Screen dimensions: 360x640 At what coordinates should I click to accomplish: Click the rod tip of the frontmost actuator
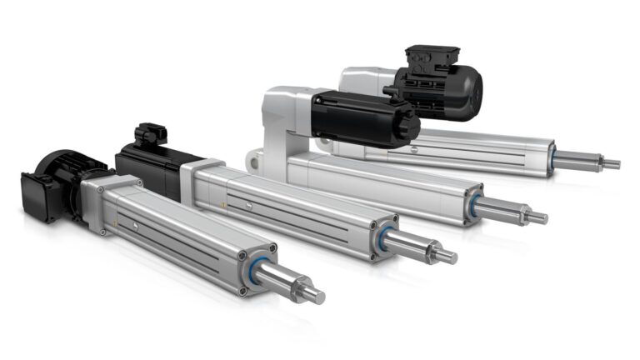(x=317, y=296)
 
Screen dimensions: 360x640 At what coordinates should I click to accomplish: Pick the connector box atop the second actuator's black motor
(x=151, y=132)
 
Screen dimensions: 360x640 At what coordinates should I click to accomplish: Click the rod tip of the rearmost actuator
(x=614, y=164)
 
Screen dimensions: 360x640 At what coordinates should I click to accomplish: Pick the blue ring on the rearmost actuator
(x=552, y=155)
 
